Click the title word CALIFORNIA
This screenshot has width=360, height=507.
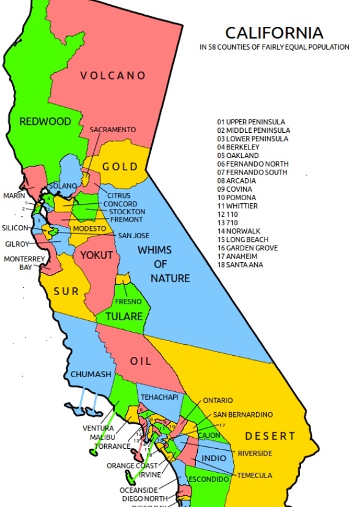pyautogui.click(x=274, y=32)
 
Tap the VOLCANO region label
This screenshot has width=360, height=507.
pyautogui.click(x=113, y=75)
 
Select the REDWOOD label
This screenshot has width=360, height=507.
pyautogui.click(x=45, y=121)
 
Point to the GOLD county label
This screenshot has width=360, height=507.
pyautogui.click(x=120, y=167)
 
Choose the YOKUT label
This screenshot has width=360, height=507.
pyautogui.click(x=97, y=255)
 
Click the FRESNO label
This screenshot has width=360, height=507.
pyautogui.click(x=129, y=301)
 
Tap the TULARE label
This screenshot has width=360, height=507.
pyautogui.click(x=124, y=317)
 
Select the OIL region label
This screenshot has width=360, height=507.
pyautogui.click(x=141, y=361)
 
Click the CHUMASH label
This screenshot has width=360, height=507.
pyautogui.click(x=91, y=374)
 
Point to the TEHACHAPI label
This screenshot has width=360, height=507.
pyautogui.click(x=159, y=397)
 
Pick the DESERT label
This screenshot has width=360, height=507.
pyautogui.click(x=270, y=436)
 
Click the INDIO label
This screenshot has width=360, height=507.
pyautogui.click(x=214, y=458)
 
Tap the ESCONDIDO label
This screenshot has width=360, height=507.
pyautogui.click(x=208, y=478)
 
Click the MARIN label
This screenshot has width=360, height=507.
pyautogui.click(x=14, y=195)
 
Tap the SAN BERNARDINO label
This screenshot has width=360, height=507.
pyautogui.click(x=243, y=415)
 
